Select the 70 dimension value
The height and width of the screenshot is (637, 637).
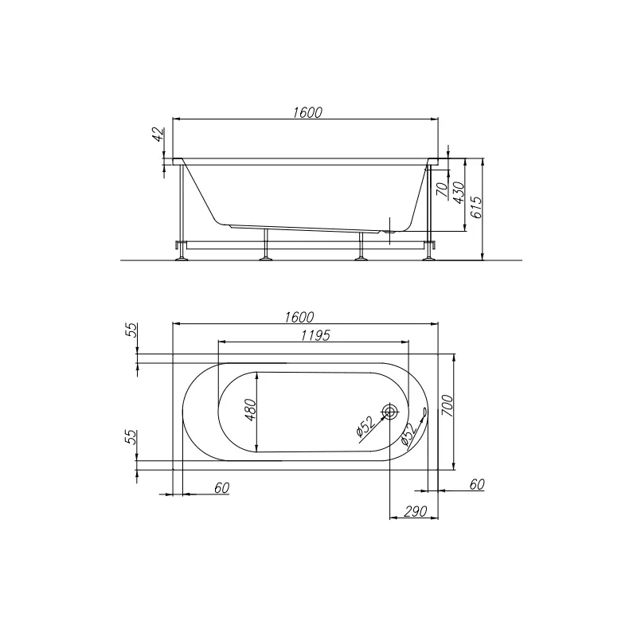[442, 189]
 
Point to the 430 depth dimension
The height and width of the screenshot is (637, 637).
[459, 193]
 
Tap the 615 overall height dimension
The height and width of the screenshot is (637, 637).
[477, 207]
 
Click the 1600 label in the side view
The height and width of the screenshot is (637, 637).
[307, 112]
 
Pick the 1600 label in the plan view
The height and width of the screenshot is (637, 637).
[299, 317]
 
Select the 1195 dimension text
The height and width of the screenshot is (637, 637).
[315, 335]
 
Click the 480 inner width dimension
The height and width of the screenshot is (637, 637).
[251, 410]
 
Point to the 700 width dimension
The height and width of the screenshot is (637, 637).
[447, 405]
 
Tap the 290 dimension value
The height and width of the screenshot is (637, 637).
[415, 511]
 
